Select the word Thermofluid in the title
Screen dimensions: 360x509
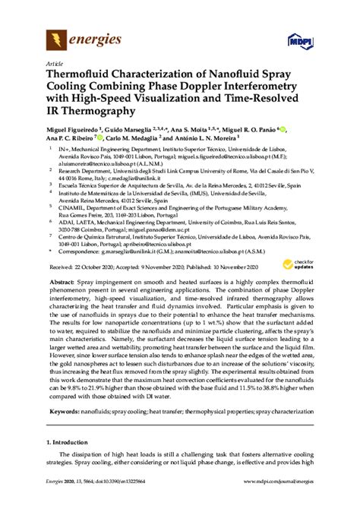[x=82, y=77]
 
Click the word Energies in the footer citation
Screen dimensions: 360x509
[x=55, y=501]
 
